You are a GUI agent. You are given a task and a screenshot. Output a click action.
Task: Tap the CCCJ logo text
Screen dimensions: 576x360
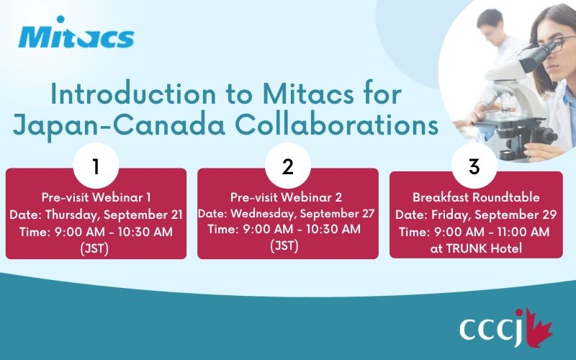point(492,328)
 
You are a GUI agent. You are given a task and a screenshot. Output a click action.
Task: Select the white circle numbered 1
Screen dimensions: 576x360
point(96,166)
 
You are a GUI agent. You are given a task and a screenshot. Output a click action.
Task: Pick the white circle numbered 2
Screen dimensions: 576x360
point(287,166)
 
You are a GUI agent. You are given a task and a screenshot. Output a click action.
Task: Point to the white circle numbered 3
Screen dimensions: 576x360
point(474,166)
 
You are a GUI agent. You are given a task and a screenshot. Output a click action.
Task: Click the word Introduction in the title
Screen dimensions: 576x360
point(133,94)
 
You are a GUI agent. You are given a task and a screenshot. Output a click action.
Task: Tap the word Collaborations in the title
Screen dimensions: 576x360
point(336,125)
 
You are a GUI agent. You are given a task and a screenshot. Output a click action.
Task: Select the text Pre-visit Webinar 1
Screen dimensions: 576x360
point(96,197)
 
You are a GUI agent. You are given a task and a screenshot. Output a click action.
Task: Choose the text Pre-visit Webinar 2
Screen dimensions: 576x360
point(286,197)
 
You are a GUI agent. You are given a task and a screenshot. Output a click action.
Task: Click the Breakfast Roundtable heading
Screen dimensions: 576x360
point(476,197)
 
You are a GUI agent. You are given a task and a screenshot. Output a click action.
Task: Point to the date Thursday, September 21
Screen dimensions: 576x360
point(114,215)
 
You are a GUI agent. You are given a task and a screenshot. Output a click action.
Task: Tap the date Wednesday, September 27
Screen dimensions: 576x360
point(302,213)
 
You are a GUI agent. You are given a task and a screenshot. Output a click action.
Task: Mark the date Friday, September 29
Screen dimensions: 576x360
point(494,215)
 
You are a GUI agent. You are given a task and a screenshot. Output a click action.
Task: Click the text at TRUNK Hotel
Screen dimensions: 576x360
point(476,248)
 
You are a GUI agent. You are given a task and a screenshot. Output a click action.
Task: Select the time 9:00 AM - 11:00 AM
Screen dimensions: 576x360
point(492,232)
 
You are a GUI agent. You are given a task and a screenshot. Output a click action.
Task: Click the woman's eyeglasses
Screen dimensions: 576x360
point(559,44)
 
